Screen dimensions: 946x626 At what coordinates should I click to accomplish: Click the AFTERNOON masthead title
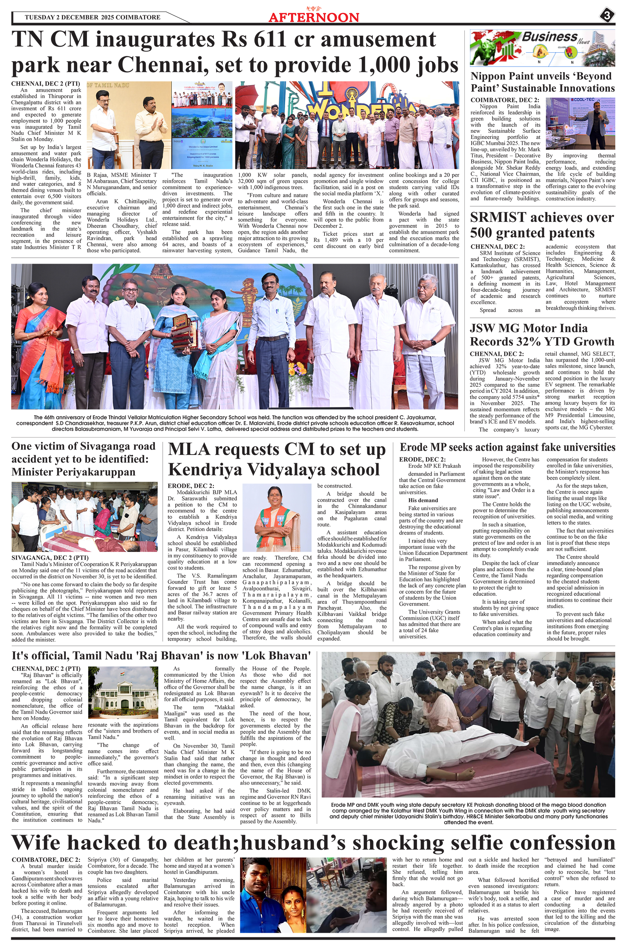click(314, 17)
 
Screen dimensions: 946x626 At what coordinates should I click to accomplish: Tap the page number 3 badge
click(607, 16)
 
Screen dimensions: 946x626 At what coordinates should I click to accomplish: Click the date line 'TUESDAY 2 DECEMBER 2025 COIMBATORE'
click(93, 17)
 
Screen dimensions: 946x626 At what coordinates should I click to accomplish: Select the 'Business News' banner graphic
click(543, 48)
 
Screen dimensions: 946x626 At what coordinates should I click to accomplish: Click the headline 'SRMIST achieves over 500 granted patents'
click(542, 225)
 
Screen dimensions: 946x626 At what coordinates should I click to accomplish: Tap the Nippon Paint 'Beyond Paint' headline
click(542, 82)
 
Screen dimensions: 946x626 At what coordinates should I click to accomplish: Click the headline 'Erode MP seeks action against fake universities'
click(507, 447)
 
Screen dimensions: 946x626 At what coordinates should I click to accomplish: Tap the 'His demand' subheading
click(423, 500)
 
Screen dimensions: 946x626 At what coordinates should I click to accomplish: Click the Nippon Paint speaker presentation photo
click(580, 124)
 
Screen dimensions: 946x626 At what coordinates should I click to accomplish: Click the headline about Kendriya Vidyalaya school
click(277, 459)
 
